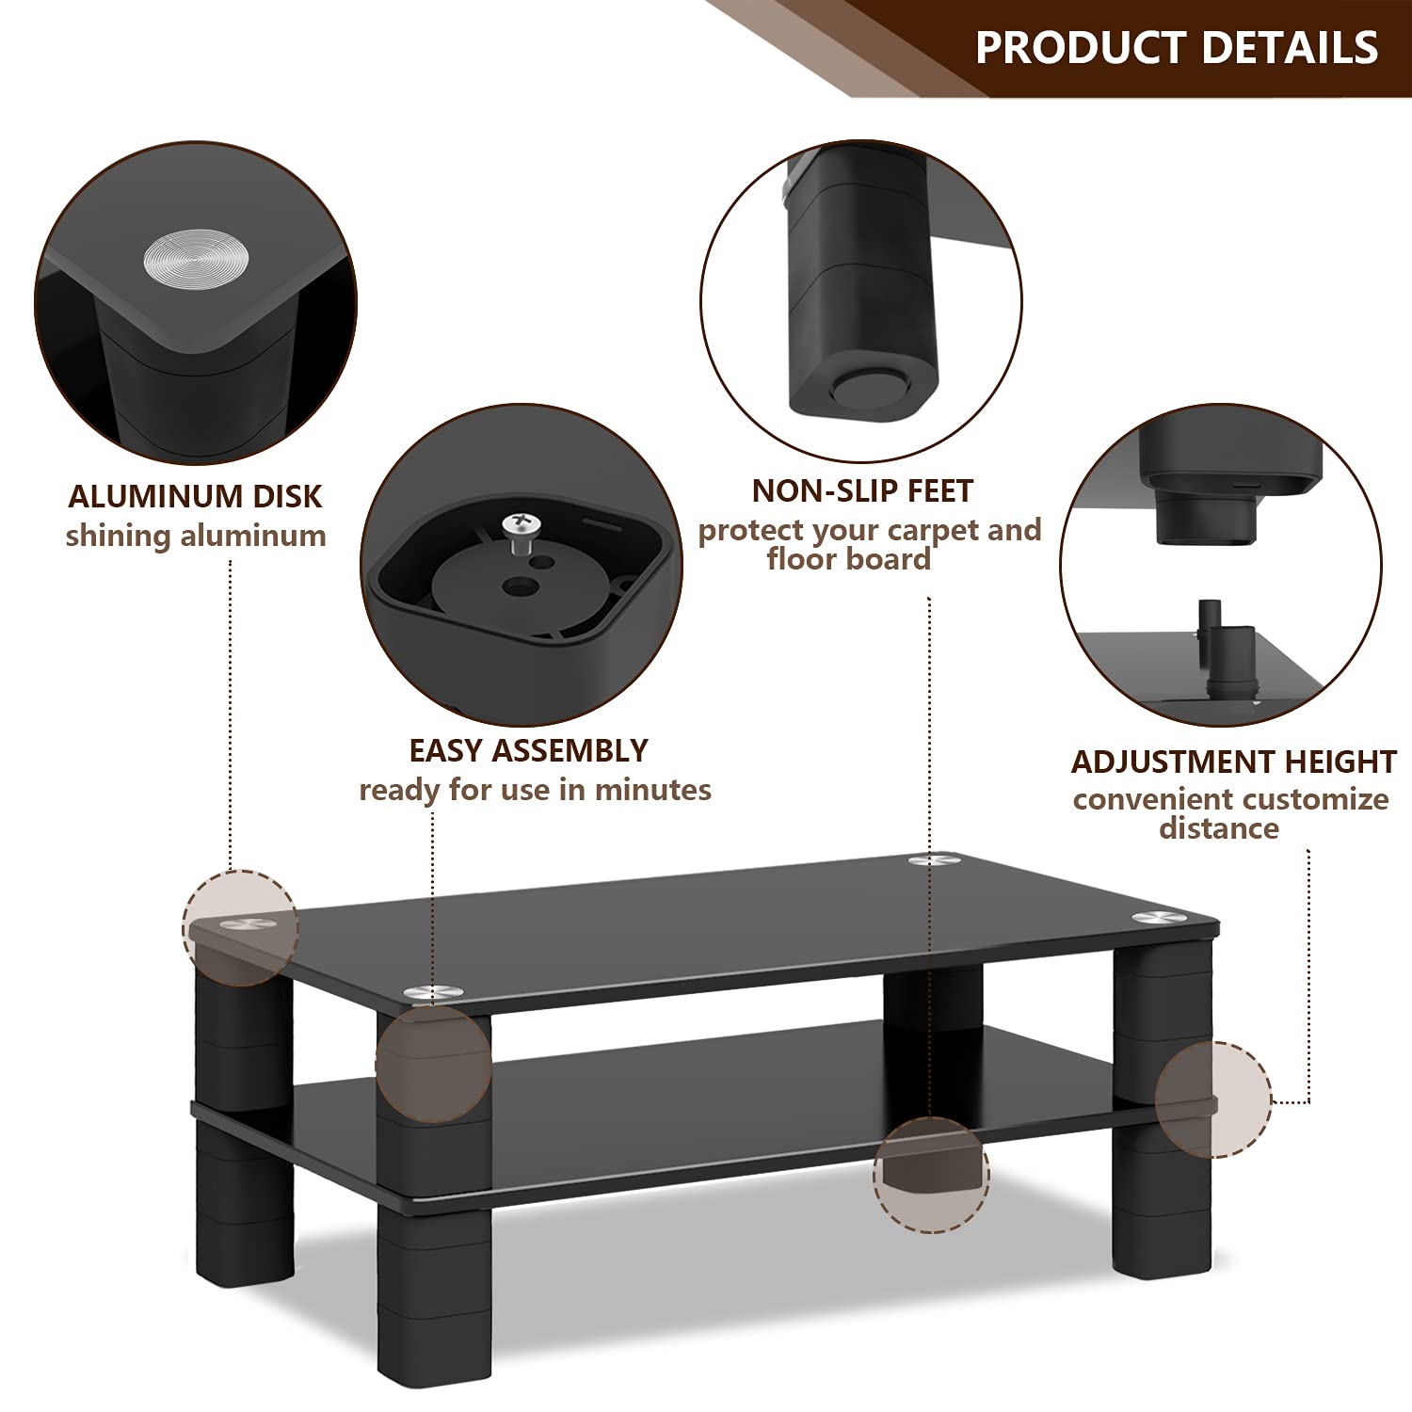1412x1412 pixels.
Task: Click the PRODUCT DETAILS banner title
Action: [x=1177, y=47]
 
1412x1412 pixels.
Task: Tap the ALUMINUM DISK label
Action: [x=195, y=496]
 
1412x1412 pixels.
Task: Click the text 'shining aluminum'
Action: [x=196, y=536]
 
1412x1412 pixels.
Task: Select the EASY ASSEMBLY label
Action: [x=528, y=750]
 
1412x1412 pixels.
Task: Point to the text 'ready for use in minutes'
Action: [x=535, y=789]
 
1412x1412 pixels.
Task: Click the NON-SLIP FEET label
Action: [x=862, y=490]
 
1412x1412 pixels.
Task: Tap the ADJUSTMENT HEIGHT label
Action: [x=1233, y=762]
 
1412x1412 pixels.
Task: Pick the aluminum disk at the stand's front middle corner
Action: [x=434, y=991]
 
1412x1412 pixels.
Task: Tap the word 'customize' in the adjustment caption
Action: [x=1308, y=800]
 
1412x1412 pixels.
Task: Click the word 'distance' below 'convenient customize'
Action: [x=1219, y=828]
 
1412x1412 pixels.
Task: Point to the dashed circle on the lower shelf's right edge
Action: [x=1214, y=1099]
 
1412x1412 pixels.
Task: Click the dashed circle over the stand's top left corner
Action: [x=240, y=928]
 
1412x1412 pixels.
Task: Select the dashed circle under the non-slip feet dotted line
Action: [x=931, y=1175]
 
